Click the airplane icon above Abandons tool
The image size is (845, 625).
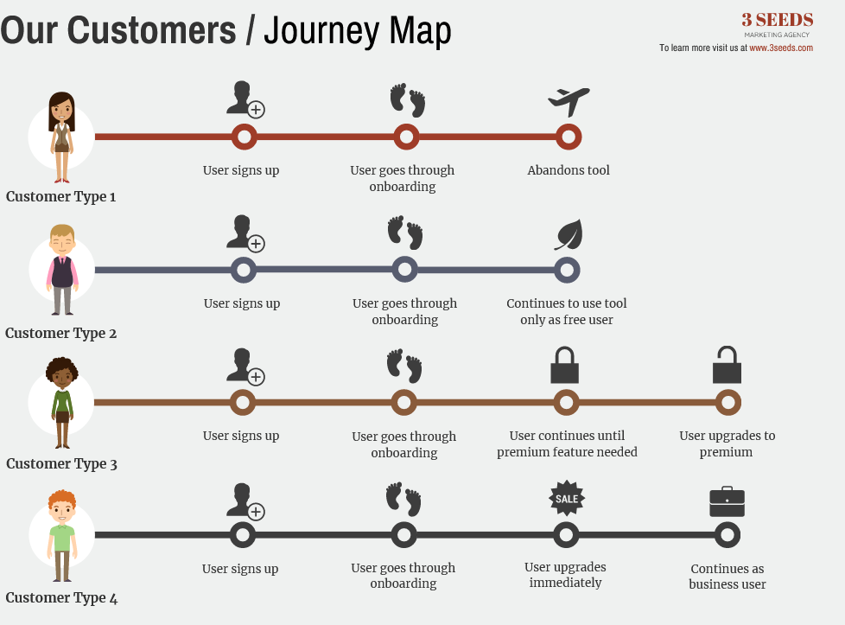point(569,101)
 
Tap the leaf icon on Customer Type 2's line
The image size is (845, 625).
point(569,234)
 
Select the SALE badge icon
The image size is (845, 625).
point(567,498)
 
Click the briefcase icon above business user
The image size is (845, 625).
point(727,501)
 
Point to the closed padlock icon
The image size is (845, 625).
point(565,366)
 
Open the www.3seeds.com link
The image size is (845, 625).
point(781,48)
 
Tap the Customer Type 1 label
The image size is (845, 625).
point(61,197)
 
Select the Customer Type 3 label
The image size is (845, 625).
point(61,464)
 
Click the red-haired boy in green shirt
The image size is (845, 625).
point(62,536)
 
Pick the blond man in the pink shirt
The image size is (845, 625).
point(62,270)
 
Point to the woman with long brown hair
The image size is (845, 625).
point(61,137)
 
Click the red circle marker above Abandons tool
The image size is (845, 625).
point(568,137)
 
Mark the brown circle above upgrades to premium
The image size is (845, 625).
point(727,402)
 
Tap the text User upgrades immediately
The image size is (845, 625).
point(565,575)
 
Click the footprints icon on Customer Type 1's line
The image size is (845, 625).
point(408,100)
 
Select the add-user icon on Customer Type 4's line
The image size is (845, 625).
point(244,501)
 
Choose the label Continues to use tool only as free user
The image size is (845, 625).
point(567,311)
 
